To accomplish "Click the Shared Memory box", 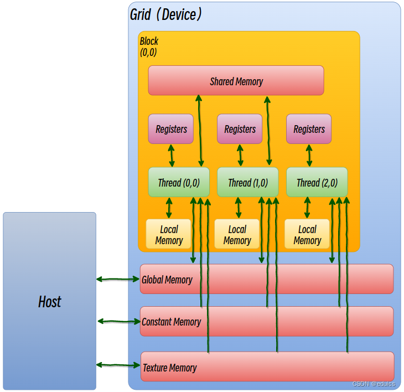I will [x=236, y=81].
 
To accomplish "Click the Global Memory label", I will [x=167, y=280].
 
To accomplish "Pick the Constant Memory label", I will [x=171, y=322].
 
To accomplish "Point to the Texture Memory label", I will [x=170, y=368].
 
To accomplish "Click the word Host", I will [x=49, y=302].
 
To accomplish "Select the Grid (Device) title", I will [x=165, y=14].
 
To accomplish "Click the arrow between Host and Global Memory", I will [x=118, y=280].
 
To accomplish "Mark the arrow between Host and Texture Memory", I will [x=118, y=365].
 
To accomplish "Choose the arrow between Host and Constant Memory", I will [x=118, y=321].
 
